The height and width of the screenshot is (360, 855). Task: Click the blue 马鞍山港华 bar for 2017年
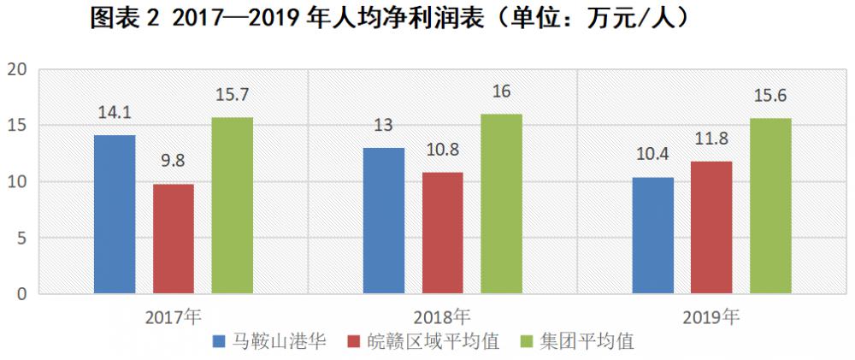coord(115,215)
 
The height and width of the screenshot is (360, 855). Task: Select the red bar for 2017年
coord(174,239)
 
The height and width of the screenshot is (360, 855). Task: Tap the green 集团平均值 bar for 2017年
coord(233,205)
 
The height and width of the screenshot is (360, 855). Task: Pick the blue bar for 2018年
coord(384,221)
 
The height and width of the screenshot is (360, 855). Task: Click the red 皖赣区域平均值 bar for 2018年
coord(443,233)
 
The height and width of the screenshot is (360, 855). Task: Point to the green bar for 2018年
coord(501,204)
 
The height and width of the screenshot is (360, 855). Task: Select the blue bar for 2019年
coord(653,235)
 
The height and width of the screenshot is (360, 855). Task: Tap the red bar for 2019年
coord(712,227)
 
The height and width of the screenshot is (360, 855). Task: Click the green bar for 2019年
coord(770,206)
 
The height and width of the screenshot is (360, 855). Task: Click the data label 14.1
coord(115,111)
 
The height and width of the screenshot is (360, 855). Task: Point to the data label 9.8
coord(174,160)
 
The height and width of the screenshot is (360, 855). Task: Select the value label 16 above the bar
coord(501,91)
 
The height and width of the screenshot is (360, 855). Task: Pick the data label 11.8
coord(712,138)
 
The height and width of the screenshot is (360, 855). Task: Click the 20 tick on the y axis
coord(18,69)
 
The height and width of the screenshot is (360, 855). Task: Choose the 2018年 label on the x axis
coord(442,316)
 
